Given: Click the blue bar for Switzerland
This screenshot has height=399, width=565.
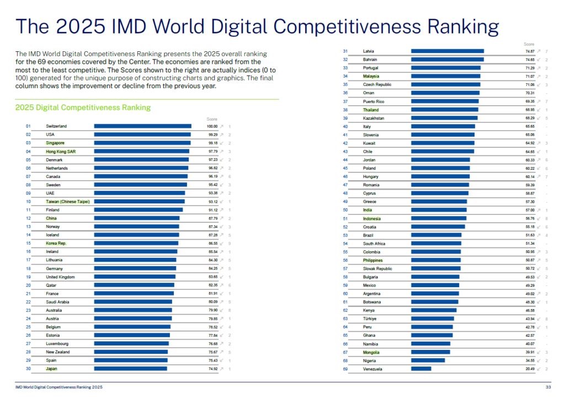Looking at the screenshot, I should [142, 126].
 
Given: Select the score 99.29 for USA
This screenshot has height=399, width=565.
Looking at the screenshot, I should [212, 134].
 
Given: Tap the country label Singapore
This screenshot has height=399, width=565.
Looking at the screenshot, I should [55, 143].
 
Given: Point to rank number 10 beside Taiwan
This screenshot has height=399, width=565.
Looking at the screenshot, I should [28, 202].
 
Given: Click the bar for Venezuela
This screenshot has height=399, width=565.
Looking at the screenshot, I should [421, 369].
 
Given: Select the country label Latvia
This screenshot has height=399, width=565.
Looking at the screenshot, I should [369, 51].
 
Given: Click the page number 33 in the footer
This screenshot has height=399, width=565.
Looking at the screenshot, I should [548, 387].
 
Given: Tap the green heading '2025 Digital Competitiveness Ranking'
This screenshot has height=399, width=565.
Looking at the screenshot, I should [83, 107].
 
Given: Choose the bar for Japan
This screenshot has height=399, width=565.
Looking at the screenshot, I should [130, 369].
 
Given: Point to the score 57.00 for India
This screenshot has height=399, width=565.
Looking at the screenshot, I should [530, 210].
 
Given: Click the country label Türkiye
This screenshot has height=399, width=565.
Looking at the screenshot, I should [370, 319].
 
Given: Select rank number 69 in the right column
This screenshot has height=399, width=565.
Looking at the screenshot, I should [345, 369].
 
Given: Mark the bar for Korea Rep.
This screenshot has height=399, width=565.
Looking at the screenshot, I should [136, 243].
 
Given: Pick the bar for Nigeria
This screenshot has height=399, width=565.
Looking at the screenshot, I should [428, 360].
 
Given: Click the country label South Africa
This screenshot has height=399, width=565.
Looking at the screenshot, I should [374, 244].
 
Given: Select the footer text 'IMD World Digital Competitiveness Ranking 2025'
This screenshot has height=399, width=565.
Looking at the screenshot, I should [58, 387].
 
